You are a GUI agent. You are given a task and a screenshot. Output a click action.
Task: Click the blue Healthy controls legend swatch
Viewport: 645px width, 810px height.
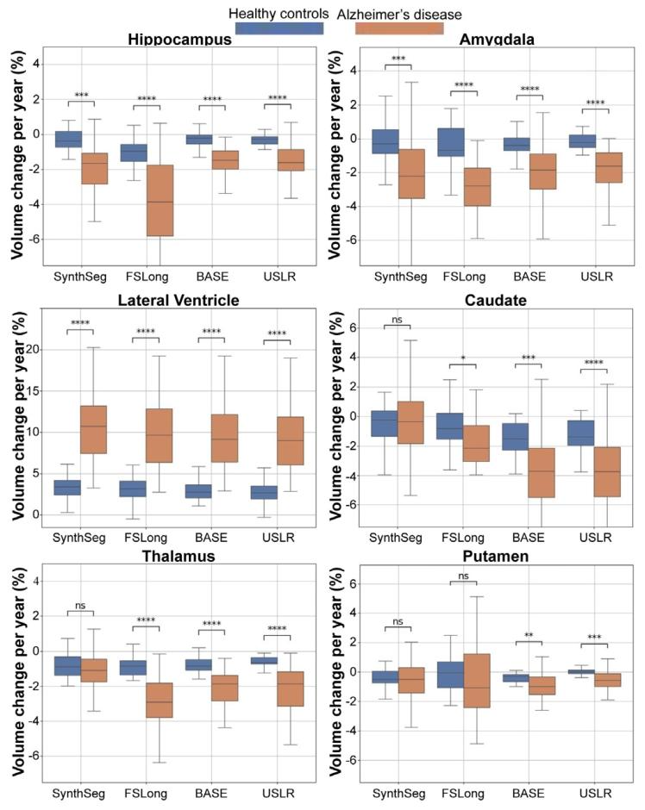click(x=279, y=28)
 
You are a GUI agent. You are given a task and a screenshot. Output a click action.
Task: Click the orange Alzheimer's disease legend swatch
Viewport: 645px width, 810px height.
click(x=399, y=28)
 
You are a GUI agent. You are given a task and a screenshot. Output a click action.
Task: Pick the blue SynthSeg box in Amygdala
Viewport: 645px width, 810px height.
click(x=385, y=141)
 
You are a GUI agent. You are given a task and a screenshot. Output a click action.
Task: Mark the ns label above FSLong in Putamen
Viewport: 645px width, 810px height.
click(x=463, y=576)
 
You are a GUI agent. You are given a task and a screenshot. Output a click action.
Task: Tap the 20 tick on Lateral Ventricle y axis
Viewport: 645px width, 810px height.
click(x=33, y=349)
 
